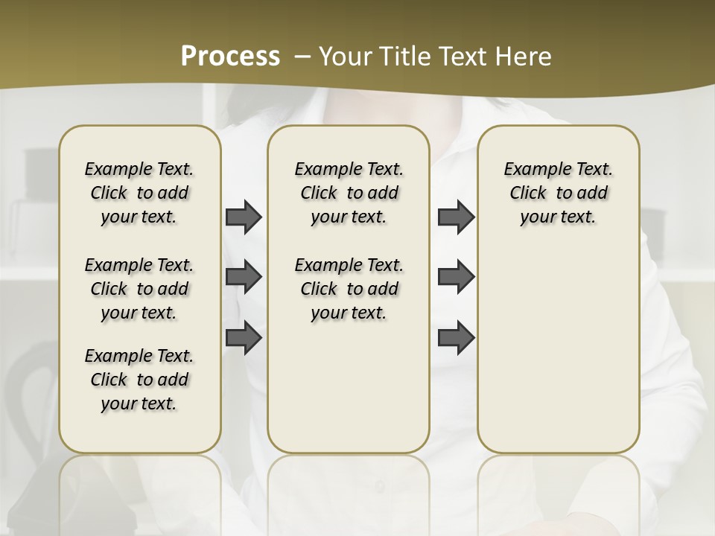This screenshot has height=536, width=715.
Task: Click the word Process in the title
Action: (230, 56)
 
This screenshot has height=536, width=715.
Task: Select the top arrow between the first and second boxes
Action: (244, 217)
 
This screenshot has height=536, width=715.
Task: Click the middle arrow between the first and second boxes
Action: (244, 277)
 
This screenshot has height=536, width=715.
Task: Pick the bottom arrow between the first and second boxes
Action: (244, 338)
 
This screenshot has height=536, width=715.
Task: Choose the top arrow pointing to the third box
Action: (456, 217)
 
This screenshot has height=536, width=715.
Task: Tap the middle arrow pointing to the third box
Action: (456, 277)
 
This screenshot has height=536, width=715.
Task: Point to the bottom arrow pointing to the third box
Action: (456, 338)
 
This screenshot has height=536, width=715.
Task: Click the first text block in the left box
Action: (139, 193)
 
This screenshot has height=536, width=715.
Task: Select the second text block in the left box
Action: (139, 289)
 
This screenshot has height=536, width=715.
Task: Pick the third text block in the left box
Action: (139, 380)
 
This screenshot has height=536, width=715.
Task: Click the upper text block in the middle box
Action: (349, 193)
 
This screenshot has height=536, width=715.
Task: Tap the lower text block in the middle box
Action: (349, 289)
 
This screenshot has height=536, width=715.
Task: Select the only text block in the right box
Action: (559, 193)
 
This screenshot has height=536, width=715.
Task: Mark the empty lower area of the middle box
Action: (349, 387)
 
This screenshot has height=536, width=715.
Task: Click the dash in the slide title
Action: (303, 56)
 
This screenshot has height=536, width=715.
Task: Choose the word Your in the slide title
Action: (343, 56)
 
